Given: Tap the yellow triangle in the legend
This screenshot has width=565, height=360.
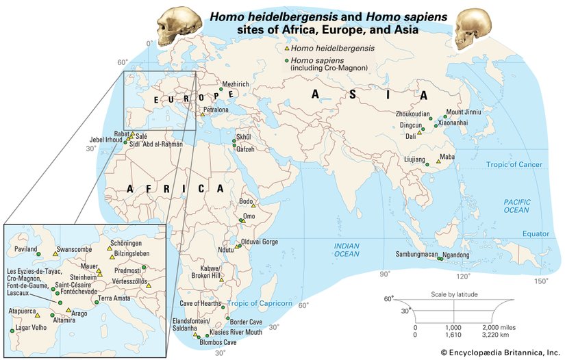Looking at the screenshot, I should pos(287,48).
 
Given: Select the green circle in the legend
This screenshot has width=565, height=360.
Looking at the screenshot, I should pos(287,60).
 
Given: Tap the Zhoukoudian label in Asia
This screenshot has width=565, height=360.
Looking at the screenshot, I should pos(413,114).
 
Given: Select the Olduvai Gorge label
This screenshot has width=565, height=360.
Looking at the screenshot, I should pos(261,242).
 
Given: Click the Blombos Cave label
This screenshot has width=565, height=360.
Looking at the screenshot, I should pos(218,342).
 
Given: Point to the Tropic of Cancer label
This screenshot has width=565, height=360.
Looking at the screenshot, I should pos(514,165).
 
